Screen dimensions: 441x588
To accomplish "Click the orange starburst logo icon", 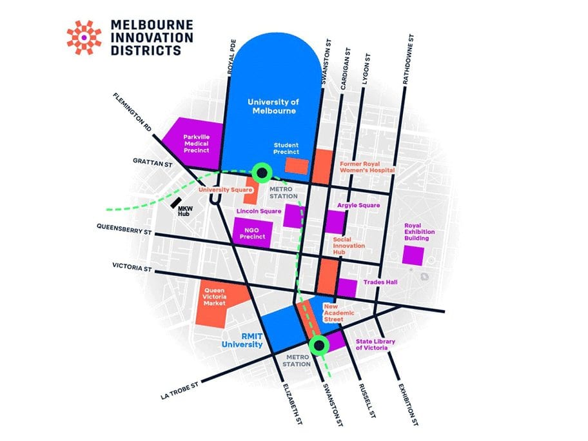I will pos(84,37).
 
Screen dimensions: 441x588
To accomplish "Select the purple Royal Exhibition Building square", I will pos(413,254).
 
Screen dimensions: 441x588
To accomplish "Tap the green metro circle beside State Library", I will pos(319,345).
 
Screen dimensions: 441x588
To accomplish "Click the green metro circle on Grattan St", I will pos(261,171).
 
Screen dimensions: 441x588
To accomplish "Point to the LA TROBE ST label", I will pos(181,391).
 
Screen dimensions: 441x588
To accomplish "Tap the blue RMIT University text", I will pos(242,340).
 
